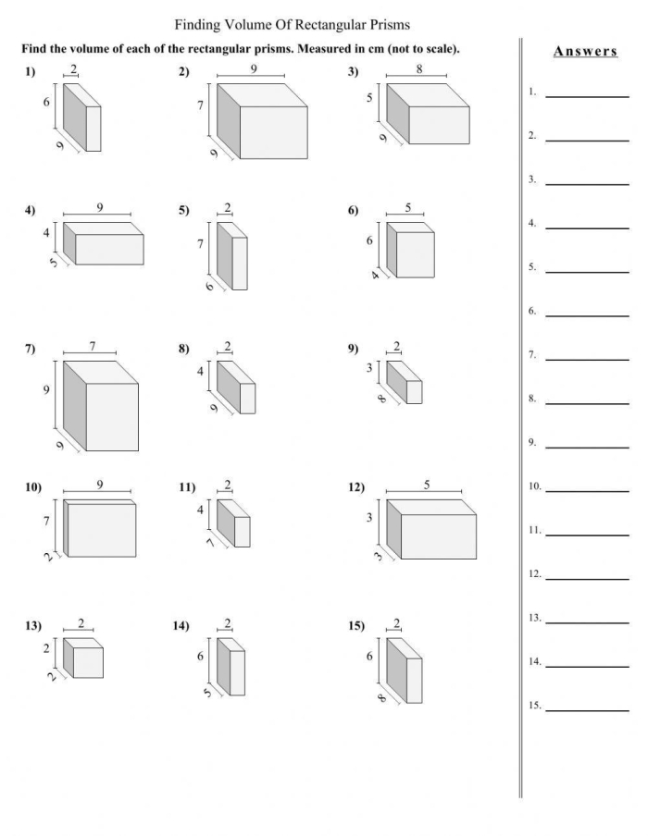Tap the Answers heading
tap(585, 52)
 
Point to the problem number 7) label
tap(31, 349)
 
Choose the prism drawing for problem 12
tap(431, 530)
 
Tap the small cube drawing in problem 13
tap(83, 658)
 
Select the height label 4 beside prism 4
tap(46, 232)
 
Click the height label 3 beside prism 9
tap(369, 368)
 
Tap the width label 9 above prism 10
tap(99, 485)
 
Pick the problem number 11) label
tap(188, 487)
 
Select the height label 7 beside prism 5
tap(200, 244)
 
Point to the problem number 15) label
tap(356, 626)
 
